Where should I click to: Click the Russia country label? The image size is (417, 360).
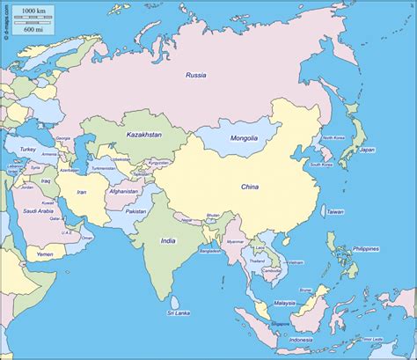pos(195,76)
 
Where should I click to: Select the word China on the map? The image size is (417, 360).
pos(251,186)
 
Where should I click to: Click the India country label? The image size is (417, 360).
pos(168,239)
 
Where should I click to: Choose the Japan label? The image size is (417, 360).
pos(368,150)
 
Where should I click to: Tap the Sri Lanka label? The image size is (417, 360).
pos(180,312)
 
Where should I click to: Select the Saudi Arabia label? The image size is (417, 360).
pos(40,211)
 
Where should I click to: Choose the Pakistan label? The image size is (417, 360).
pos(135,212)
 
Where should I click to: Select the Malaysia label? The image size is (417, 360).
pos(284,303)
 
